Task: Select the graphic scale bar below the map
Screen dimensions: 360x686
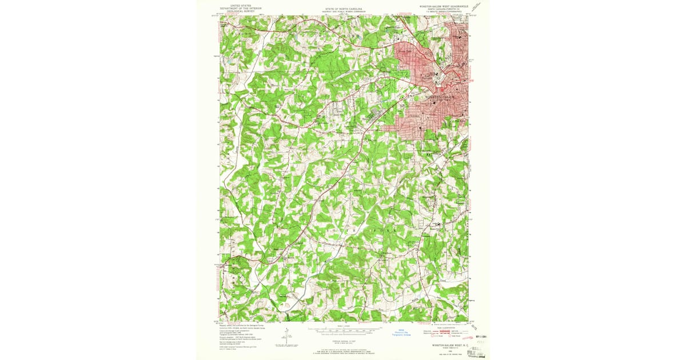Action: (x=344, y=329)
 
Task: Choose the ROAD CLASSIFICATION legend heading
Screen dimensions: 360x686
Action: (x=446, y=326)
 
